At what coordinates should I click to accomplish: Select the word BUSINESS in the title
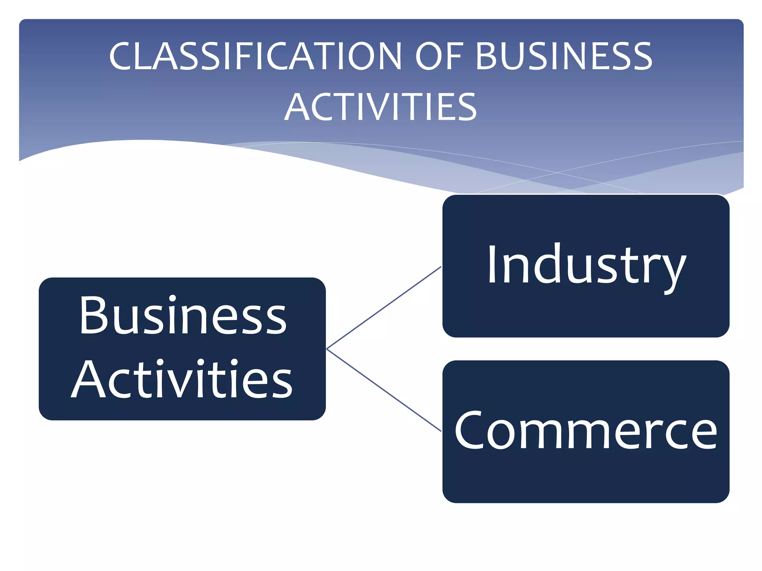click(564, 57)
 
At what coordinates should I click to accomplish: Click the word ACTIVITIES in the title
click(380, 107)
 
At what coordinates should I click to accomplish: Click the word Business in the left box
click(183, 315)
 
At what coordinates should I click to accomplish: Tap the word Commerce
click(586, 431)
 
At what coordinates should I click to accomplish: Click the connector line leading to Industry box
click(383, 308)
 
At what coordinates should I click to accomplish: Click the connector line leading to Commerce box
click(383, 390)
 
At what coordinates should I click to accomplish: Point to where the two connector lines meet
click(327, 349)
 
